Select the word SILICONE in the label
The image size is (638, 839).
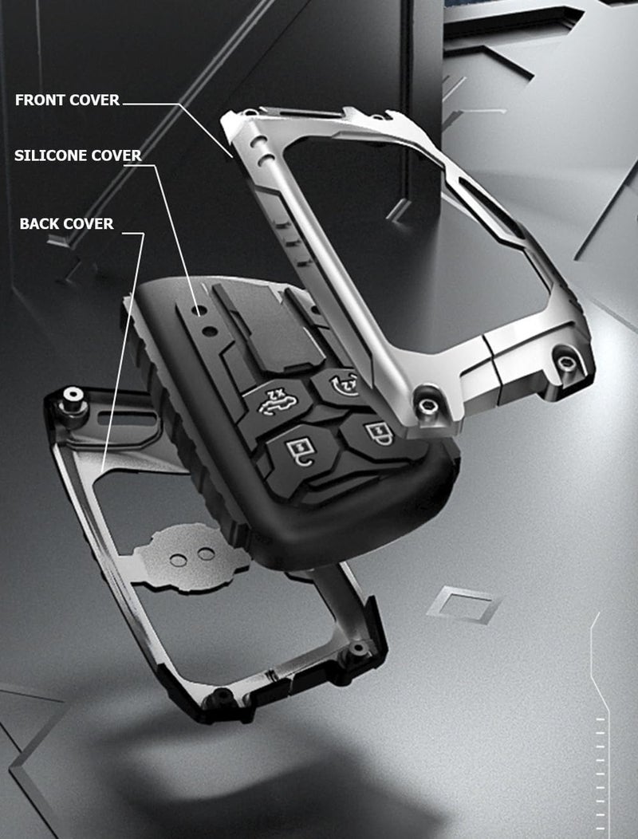pyautogui.click(x=50, y=156)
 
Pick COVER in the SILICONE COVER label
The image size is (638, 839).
pyautogui.click(x=116, y=156)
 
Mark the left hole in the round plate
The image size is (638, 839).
pyautogui.click(x=177, y=560)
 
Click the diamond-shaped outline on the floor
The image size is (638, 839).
pyautogui.click(x=464, y=605)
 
